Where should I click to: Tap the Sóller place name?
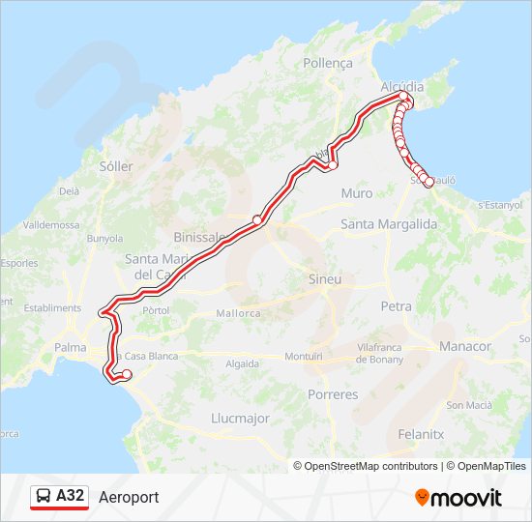[116, 166]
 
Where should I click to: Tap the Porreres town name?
[332, 394]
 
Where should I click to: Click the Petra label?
[397, 306]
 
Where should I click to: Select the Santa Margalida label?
[389, 224]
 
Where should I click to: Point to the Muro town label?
[356, 193]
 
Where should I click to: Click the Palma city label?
[71, 347]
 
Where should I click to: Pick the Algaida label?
[242, 364]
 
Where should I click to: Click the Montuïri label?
[303, 357]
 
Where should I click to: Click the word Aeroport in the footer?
[129, 497]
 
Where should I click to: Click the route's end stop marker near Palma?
[127, 374]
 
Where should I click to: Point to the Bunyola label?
[104, 238]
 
